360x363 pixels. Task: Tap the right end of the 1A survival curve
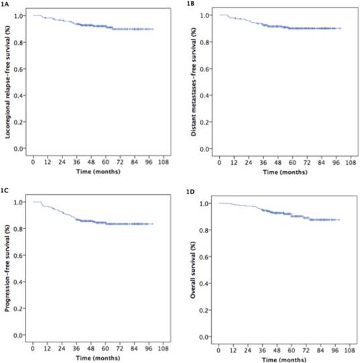click(x=154, y=29)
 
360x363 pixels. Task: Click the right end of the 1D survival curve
click(x=340, y=219)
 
